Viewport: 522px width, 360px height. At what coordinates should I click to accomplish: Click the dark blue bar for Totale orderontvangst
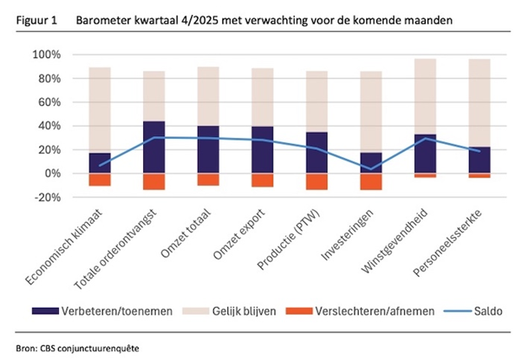153,147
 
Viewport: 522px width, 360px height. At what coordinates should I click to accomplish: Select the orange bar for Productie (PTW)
317,181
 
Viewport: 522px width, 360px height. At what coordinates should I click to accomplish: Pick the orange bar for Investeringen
371,181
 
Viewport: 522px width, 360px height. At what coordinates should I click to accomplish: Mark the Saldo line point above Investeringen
371,169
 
